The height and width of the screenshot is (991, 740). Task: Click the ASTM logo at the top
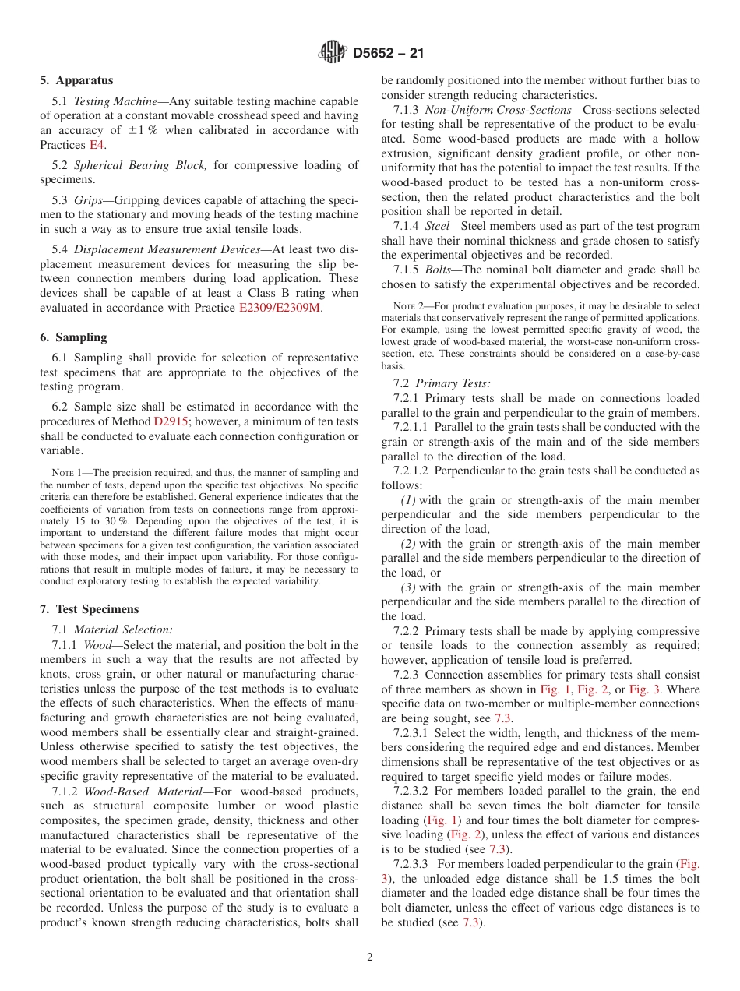tap(333, 53)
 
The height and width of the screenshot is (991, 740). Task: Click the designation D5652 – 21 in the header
tap(388, 54)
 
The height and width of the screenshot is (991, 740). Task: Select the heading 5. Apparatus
tap(76, 80)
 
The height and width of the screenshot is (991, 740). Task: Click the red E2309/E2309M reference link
tap(280, 308)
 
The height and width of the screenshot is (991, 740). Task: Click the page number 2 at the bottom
tap(370, 957)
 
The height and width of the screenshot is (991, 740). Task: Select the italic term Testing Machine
tap(109, 101)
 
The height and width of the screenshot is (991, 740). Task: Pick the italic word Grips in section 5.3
tap(88, 200)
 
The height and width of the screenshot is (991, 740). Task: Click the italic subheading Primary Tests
tap(453, 383)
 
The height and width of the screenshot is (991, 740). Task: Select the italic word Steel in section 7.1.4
tap(441, 226)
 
